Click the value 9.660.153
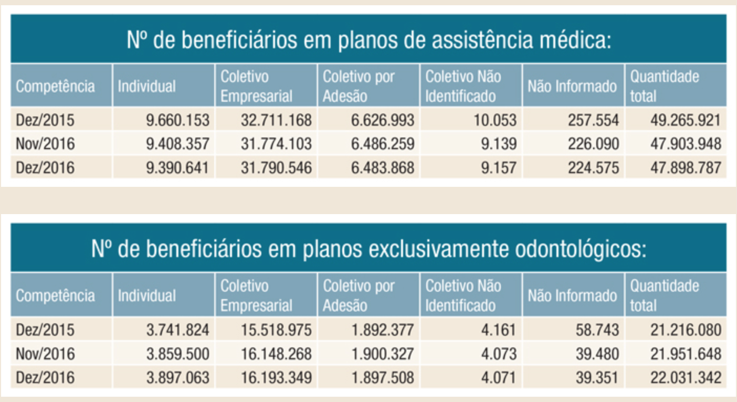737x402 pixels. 177,120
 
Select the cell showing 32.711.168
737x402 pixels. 276,120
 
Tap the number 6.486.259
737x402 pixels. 383,143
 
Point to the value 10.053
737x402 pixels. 496,120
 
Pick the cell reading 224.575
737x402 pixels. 593,167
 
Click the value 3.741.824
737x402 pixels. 177,330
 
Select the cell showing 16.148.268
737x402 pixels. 276,353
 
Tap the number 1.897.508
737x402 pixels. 383,377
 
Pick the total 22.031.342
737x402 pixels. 685,377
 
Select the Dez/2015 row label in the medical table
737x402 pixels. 45,120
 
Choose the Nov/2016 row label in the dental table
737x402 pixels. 45,353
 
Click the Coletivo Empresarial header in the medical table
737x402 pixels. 256,86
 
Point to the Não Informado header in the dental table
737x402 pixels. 572,295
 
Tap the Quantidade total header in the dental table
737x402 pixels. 665,295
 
